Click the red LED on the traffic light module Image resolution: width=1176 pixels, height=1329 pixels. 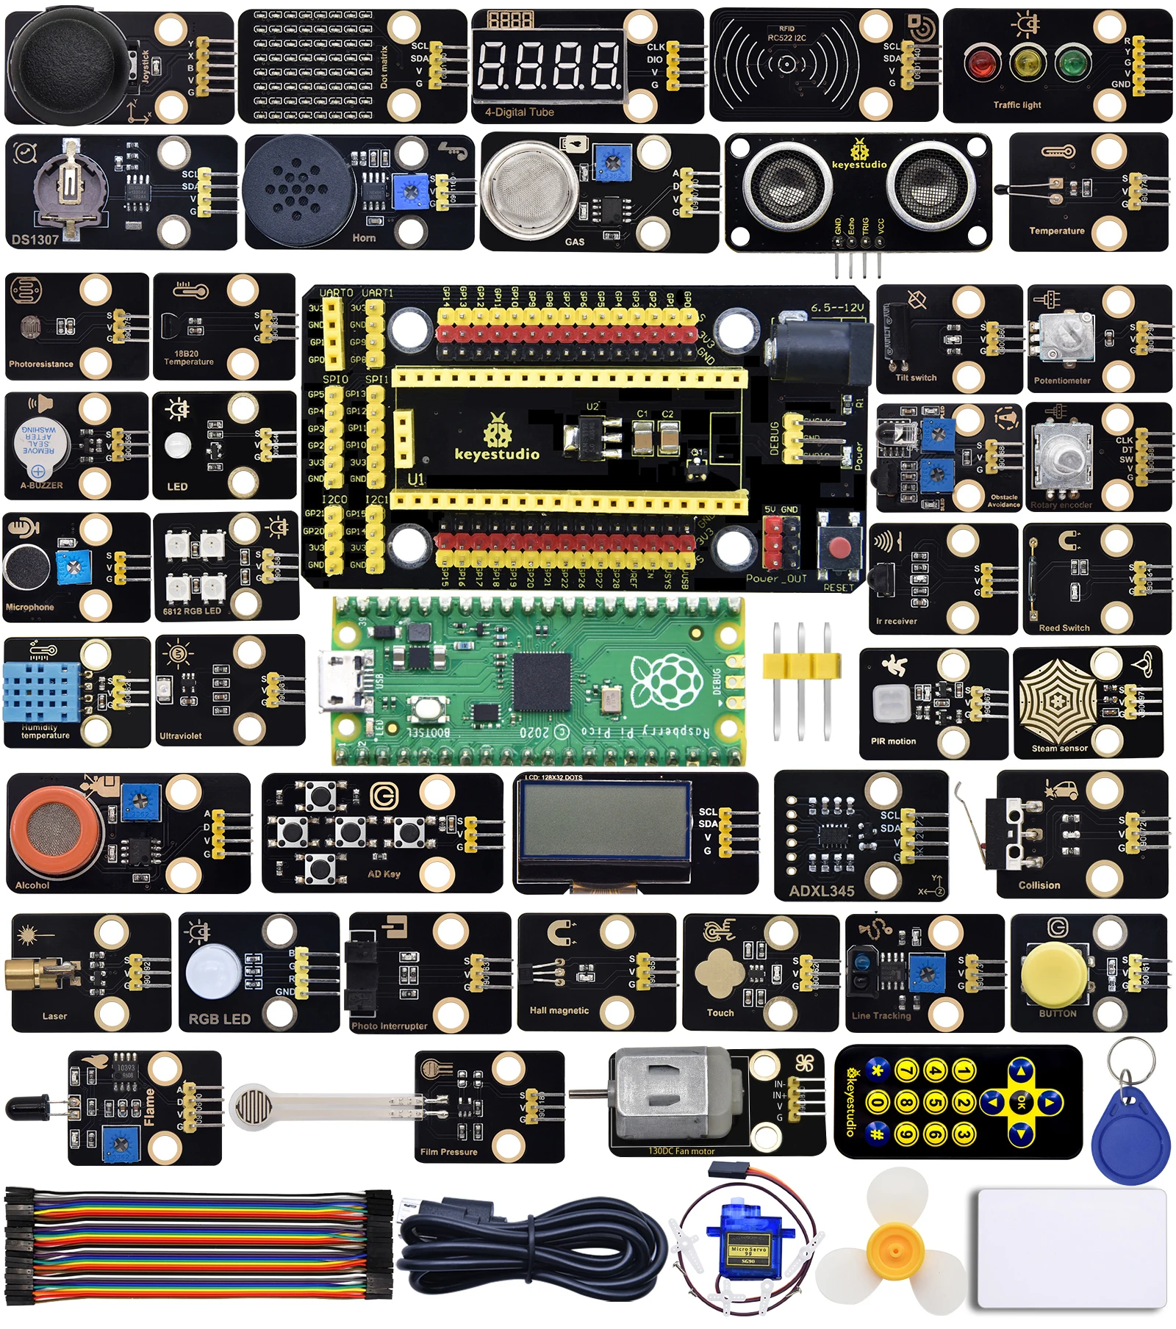pyautogui.click(x=980, y=64)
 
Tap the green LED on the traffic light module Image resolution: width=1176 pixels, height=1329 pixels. pyautogui.click(x=1072, y=63)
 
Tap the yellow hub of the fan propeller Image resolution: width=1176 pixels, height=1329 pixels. pyautogui.click(x=894, y=1247)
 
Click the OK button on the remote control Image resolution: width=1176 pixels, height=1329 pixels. pyautogui.click(x=1021, y=1101)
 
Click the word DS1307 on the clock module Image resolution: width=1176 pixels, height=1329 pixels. pyautogui.click(x=35, y=239)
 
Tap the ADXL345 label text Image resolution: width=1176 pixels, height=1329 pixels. pyautogui.click(x=822, y=890)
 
